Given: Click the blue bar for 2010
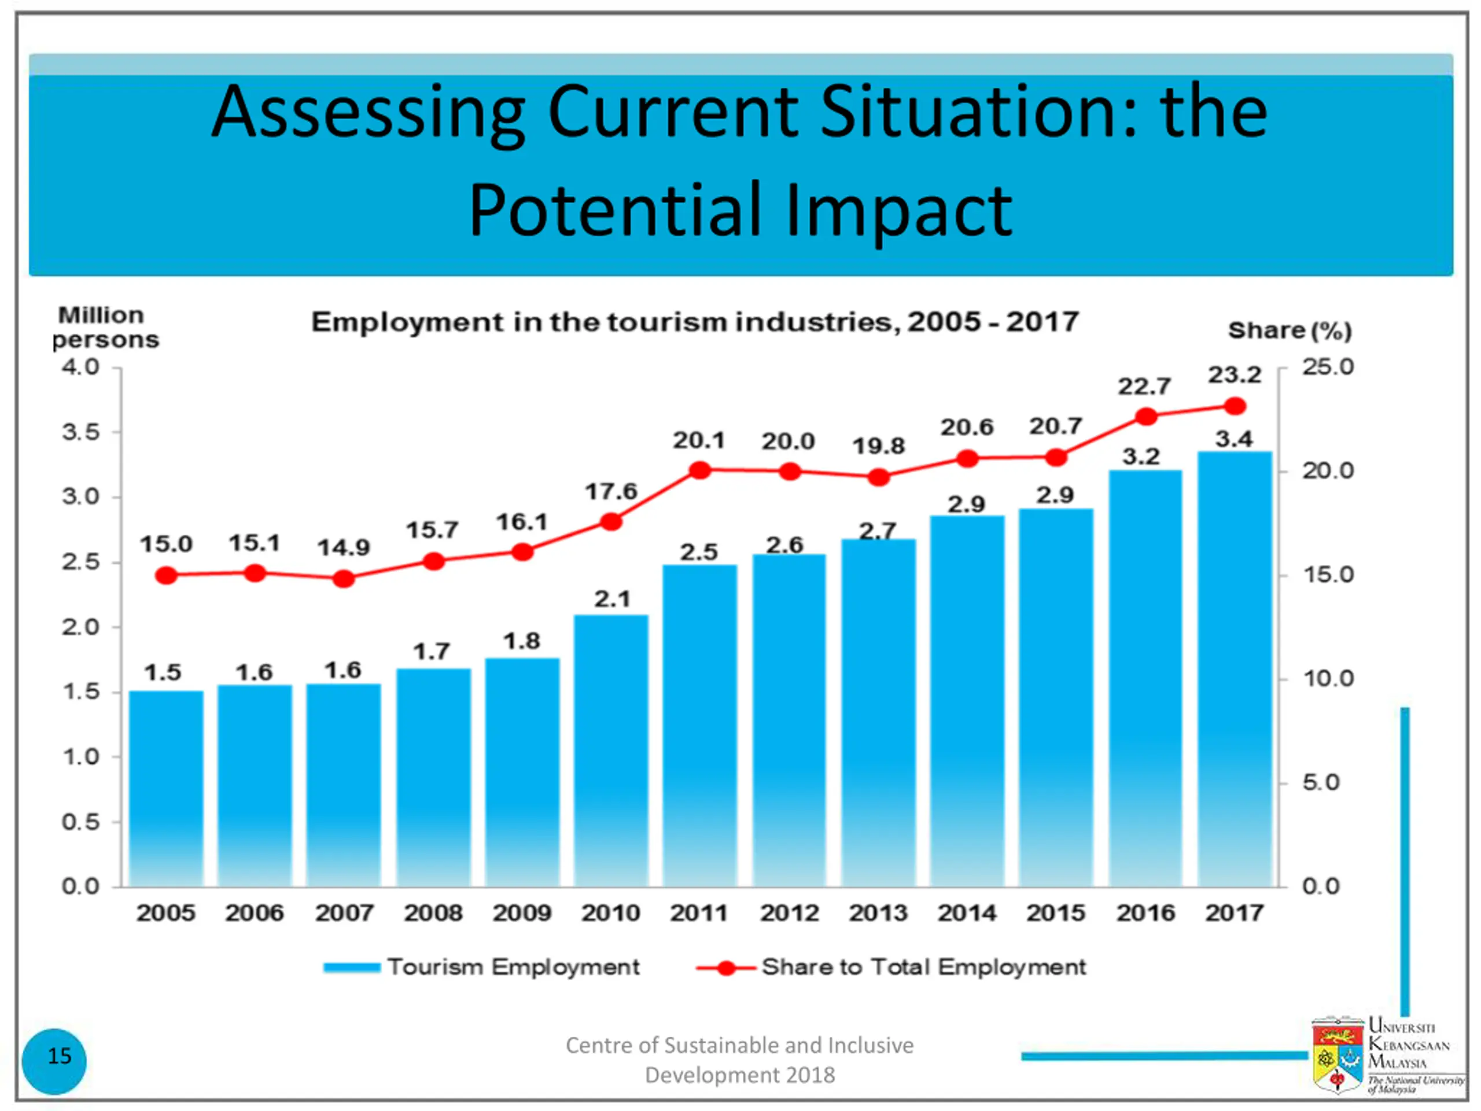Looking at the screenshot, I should [610, 750].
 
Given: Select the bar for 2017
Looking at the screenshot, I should [1234, 669].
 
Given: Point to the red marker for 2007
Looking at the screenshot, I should [344, 579].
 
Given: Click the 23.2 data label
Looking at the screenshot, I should [1234, 375].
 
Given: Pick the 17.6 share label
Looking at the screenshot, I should [610, 491].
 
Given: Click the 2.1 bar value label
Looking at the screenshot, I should [612, 599].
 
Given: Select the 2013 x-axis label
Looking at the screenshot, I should [878, 913].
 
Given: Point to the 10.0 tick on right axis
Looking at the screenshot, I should [1328, 679].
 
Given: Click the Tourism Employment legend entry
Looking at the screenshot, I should [482, 967].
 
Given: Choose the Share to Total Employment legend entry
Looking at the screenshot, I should [890, 967].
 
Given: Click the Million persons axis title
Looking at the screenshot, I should [104, 327].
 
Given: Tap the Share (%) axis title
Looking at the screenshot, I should [1290, 331].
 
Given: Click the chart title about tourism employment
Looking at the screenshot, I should [694, 322].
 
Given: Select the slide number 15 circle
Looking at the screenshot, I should [54, 1056].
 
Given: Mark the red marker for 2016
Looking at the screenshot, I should [1146, 417].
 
